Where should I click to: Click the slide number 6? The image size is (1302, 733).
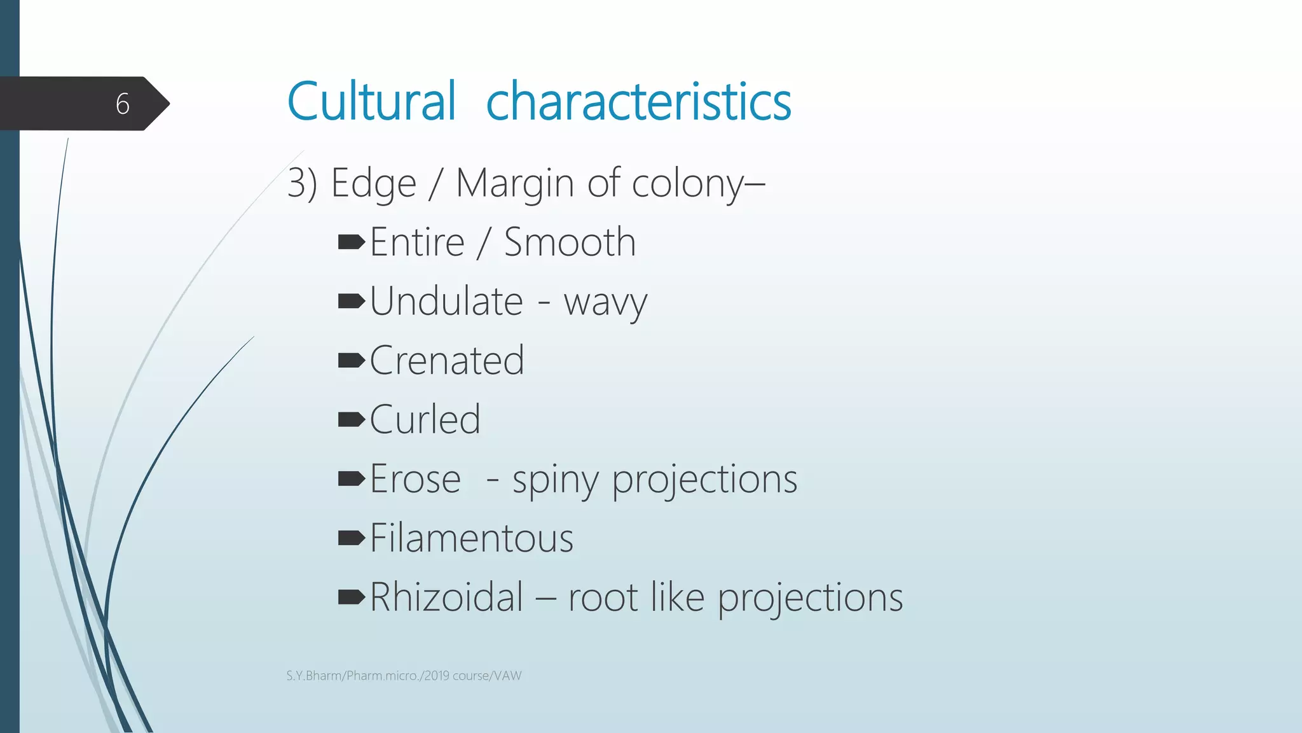[x=123, y=104]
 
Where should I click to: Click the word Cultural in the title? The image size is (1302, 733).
[x=371, y=101]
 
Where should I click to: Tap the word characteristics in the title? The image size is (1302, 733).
[x=638, y=101]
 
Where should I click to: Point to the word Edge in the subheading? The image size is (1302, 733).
[x=373, y=185]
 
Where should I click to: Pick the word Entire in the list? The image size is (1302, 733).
[x=417, y=242]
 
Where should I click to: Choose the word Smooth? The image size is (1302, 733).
[x=570, y=242]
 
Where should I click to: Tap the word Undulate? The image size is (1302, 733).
[x=446, y=302]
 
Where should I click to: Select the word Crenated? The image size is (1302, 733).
[x=446, y=361]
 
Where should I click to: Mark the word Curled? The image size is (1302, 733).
[x=425, y=420]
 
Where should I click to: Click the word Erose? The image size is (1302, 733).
[x=415, y=479]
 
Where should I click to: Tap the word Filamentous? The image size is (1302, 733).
[x=471, y=538]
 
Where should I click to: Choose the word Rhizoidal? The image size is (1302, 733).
[x=446, y=597]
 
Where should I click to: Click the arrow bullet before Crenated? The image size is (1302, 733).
[x=351, y=361]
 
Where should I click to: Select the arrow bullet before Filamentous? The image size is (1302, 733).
[x=351, y=538]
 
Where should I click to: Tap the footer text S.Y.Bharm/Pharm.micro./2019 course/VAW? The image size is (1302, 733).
[x=404, y=676]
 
